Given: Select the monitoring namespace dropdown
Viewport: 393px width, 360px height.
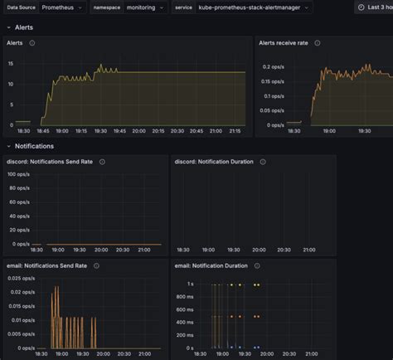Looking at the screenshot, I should click(146, 7).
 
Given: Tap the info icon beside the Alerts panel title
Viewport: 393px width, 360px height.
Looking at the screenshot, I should click(32, 43).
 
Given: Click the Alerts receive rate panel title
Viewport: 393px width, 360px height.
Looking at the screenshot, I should click(284, 43).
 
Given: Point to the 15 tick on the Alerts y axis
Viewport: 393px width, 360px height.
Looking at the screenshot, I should click(9, 63).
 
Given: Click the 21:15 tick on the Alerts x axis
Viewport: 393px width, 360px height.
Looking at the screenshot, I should click(235, 130).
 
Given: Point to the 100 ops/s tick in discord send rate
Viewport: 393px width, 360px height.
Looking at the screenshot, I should click(17, 174).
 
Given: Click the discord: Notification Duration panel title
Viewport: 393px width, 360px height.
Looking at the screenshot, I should click(211, 163).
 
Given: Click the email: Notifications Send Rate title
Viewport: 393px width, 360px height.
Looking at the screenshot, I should click(47, 266).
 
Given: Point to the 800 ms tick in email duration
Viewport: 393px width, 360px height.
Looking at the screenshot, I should click(185, 299).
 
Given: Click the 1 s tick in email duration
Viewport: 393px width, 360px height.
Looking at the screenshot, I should click(190, 284).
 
